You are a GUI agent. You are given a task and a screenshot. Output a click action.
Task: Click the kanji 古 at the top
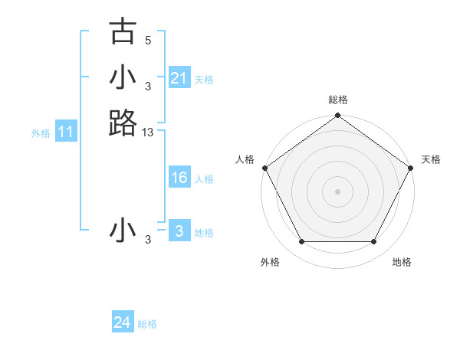point(123,32)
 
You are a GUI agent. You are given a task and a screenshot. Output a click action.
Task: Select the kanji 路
point(123,123)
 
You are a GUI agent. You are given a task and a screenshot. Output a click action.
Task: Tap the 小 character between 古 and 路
point(123,77)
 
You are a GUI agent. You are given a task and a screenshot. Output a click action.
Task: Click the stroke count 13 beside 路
point(148,133)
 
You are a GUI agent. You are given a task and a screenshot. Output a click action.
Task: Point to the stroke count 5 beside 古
point(148,40)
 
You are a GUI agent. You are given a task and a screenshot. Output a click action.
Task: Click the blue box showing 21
point(179,78)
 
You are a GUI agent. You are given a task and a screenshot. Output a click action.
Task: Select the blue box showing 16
point(179,178)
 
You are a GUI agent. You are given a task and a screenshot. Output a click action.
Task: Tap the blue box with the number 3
point(179,231)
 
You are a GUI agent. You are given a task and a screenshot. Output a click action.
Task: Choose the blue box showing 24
point(122,322)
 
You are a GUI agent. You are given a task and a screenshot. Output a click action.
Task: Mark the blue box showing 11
point(66,133)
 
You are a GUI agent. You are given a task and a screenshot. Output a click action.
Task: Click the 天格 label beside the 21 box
point(204,79)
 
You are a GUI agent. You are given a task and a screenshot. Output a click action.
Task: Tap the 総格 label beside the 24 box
point(147,324)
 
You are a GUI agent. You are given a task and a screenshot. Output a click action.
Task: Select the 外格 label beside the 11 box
point(41,133)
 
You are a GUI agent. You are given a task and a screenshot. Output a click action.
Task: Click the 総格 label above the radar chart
point(338,100)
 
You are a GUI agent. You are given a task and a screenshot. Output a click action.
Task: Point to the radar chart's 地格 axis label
point(402,262)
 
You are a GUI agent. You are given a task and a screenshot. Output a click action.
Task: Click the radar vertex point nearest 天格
point(412,168)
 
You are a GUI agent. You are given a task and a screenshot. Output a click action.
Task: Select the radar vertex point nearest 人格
point(264,168)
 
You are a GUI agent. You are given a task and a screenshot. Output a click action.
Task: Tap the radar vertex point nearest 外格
point(301,242)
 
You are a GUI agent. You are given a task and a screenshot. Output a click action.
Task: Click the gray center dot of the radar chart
point(338,191)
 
